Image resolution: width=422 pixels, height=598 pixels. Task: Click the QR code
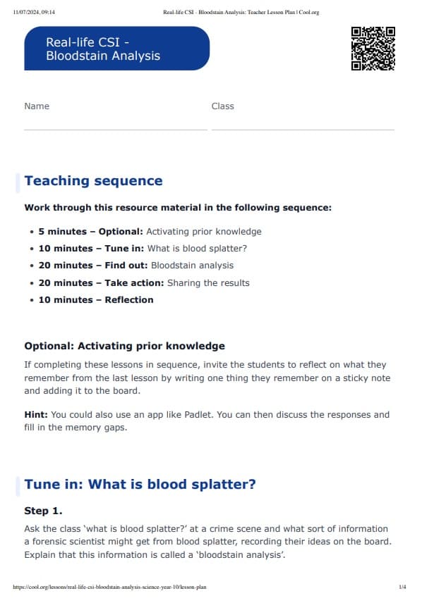coord(373,49)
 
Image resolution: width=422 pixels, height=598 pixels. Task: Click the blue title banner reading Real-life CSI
coord(116,49)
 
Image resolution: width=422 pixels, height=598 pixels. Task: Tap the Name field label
coord(37,106)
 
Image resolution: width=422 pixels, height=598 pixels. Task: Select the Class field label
coord(222,106)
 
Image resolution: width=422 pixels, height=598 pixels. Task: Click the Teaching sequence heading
coord(93,181)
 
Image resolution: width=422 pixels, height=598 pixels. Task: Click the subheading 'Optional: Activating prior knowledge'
coord(124,346)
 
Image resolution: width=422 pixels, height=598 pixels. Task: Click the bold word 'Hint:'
coord(36,414)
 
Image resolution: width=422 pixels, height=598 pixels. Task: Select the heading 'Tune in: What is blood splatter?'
coord(140,485)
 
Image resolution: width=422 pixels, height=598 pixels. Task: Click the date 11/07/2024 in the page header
coord(25,12)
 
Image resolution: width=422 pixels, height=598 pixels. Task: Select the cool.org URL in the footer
coord(109,586)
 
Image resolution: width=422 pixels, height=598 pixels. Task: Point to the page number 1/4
coord(402,586)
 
